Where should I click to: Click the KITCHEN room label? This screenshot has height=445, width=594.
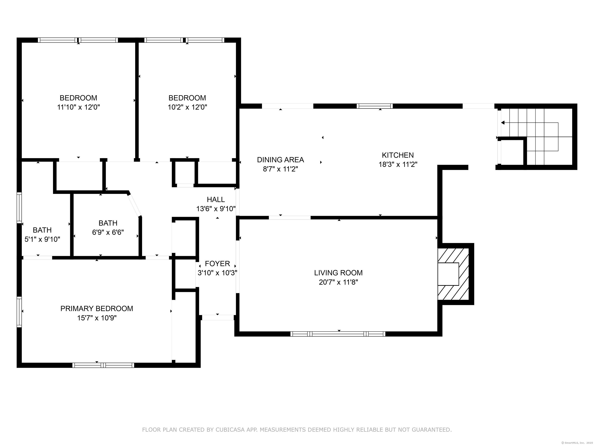click(x=398, y=155)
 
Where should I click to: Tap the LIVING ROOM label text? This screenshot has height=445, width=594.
click(x=338, y=273)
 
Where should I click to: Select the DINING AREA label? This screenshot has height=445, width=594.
click(x=280, y=160)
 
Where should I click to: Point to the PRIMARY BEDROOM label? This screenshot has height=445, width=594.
click(x=97, y=308)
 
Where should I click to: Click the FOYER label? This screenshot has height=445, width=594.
click(x=218, y=263)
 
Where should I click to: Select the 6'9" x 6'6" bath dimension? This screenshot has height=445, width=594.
click(x=108, y=232)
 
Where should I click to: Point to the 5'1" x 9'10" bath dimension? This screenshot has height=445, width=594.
click(x=42, y=239)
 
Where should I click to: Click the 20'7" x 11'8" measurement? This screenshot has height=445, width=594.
click(x=338, y=282)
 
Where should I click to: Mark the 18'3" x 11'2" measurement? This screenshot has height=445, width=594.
click(x=398, y=164)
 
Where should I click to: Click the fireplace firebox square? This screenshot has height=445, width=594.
click(x=448, y=274)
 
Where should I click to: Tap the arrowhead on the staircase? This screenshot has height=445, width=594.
click(x=503, y=123)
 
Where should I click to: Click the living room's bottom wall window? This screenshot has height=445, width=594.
click(x=338, y=334)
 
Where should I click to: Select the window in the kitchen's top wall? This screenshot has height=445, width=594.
click(x=375, y=106)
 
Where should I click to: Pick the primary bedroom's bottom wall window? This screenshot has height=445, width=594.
click(x=103, y=365)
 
